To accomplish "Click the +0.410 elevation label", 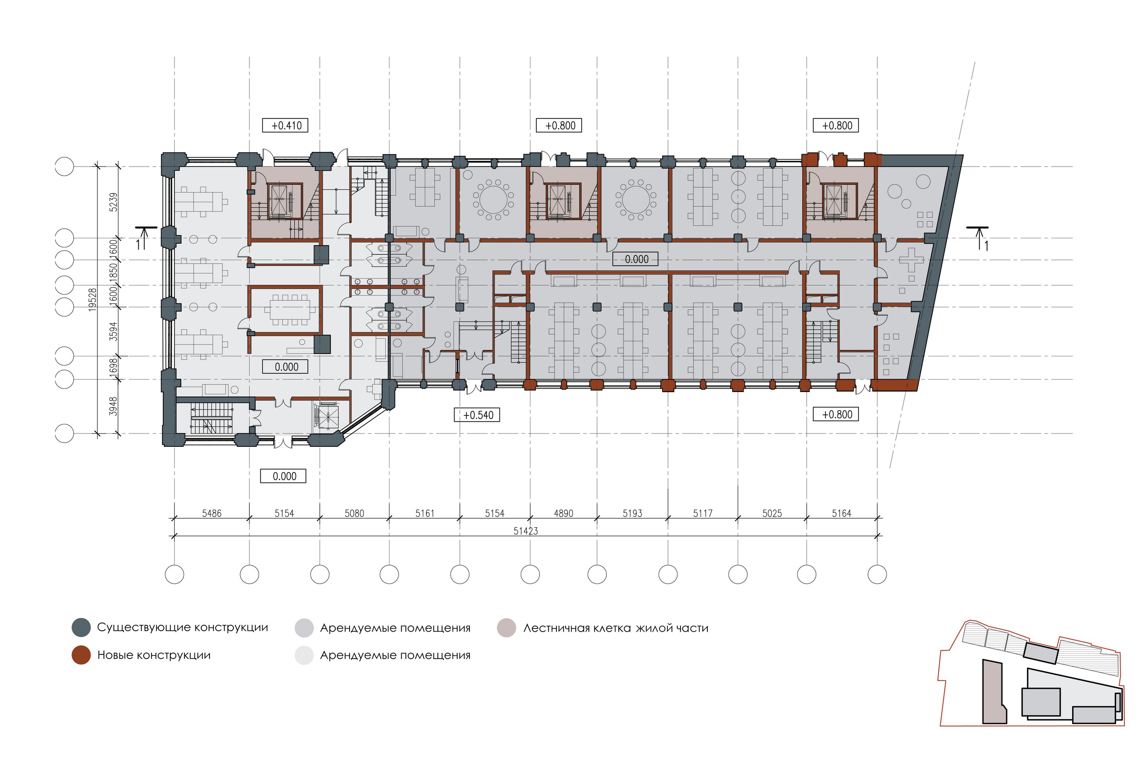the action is coord(286,125).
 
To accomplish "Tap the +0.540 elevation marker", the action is coord(477,415).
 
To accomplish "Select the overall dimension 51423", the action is coord(526,531).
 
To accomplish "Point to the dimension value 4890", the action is coord(564,513).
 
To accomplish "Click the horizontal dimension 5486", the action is coord(212,513).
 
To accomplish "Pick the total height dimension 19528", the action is coord(92,299).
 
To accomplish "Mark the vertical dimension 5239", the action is coord(113,202).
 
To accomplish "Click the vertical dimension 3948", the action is coord(113,407).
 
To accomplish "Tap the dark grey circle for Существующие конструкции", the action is coord(81,628).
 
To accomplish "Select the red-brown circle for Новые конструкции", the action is coord(81,655).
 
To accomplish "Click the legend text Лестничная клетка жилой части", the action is coord(616,628).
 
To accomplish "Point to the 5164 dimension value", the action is coord(842,513).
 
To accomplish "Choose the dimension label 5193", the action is coord(632,513).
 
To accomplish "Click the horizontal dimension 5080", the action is coord(355,513).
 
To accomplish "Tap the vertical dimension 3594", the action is coord(113,331).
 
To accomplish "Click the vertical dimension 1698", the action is coord(113,368).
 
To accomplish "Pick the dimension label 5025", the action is coord(772,513).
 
